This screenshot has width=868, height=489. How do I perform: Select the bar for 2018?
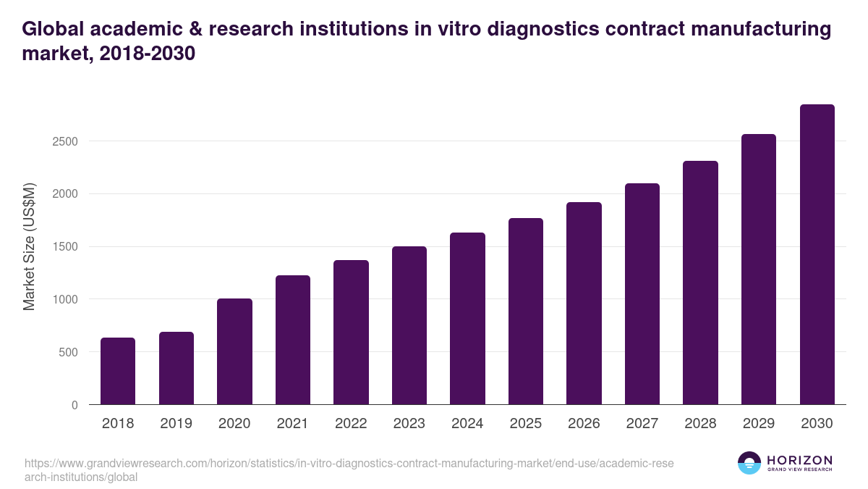(x=118, y=371)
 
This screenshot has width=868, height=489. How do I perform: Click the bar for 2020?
(x=234, y=351)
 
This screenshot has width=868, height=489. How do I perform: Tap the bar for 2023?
(x=409, y=325)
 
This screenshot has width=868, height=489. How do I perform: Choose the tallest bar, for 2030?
(x=817, y=254)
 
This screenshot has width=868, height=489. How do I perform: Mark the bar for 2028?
(x=700, y=283)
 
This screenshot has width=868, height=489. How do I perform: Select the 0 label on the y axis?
(x=74, y=405)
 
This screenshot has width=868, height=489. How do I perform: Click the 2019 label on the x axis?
(x=176, y=424)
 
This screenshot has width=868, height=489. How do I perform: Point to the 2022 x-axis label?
(x=351, y=424)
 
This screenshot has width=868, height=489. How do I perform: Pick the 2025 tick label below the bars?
(x=526, y=424)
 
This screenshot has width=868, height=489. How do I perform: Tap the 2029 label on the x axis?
(x=759, y=424)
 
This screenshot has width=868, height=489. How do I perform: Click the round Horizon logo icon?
(x=749, y=463)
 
